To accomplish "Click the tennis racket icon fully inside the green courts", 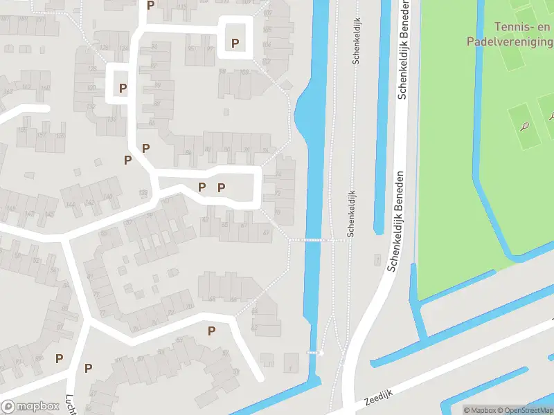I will pyautogui.click(x=526, y=127).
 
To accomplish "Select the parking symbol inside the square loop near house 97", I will pyautogui.click(x=235, y=44).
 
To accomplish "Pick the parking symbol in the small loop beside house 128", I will pyautogui.click(x=123, y=88).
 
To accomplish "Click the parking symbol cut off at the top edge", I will pyautogui.click(x=150, y=5).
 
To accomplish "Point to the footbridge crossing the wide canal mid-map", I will pyautogui.click(x=316, y=240).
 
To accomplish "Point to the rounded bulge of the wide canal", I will pyautogui.click(x=303, y=114).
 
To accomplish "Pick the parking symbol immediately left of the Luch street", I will pyautogui.click(x=60, y=358).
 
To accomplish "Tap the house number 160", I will pyautogui.click(x=46, y=88).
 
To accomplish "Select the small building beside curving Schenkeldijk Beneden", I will pyautogui.click(x=377, y=259).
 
